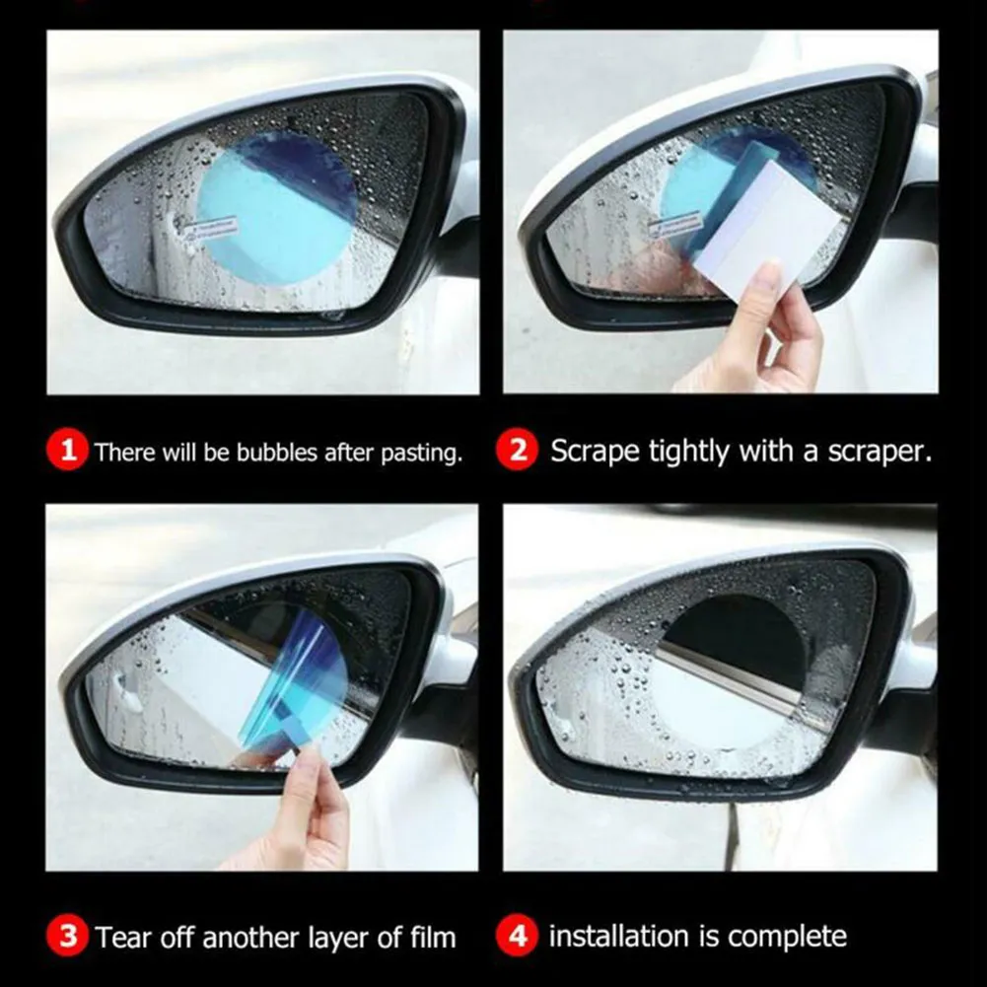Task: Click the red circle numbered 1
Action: [x=67, y=452]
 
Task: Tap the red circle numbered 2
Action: [x=523, y=452]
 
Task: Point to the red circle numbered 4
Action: [x=523, y=936]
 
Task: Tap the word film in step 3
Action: [x=433, y=936]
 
